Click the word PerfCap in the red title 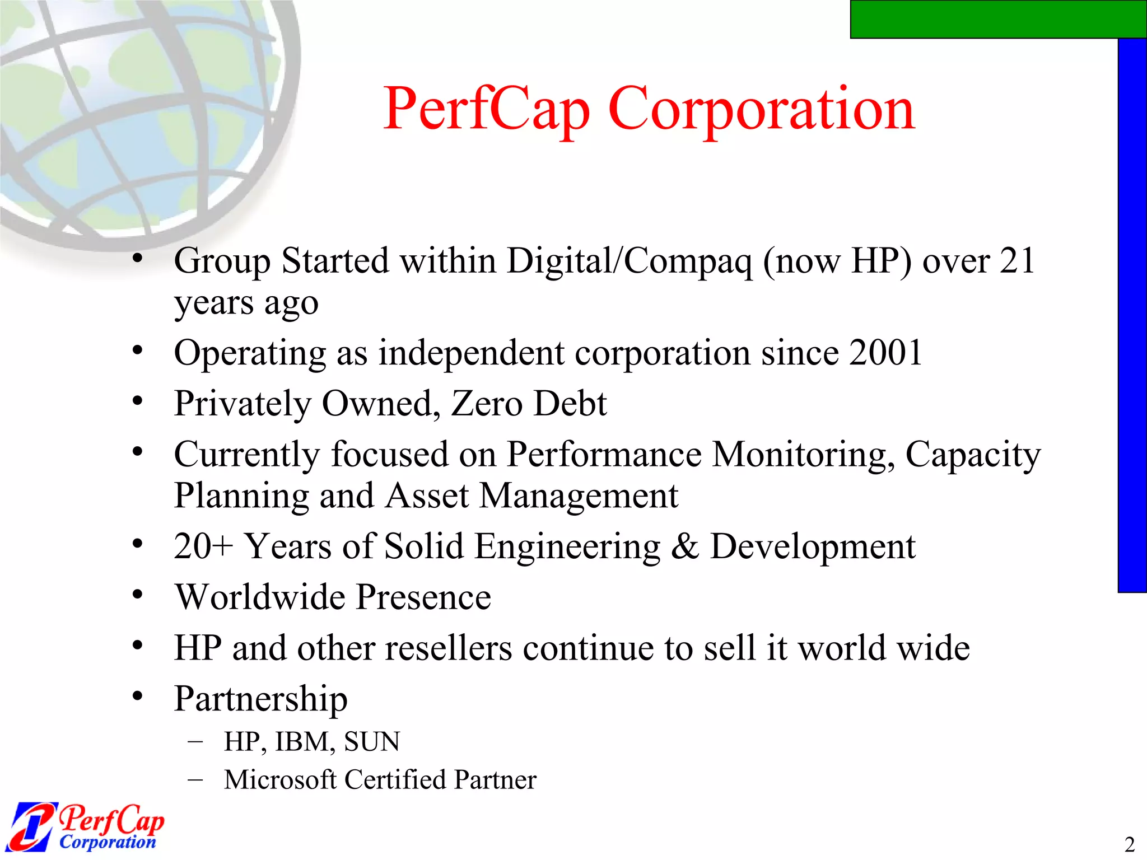click(486, 110)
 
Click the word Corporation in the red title click(761, 110)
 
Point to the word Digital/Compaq click(630, 262)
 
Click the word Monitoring click(803, 454)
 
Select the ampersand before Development click(684, 546)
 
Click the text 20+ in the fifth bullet click(203, 546)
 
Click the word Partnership click(261, 700)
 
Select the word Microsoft click(280, 780)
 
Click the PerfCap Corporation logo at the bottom click(87, 826)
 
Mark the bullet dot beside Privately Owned click(138, 401)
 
